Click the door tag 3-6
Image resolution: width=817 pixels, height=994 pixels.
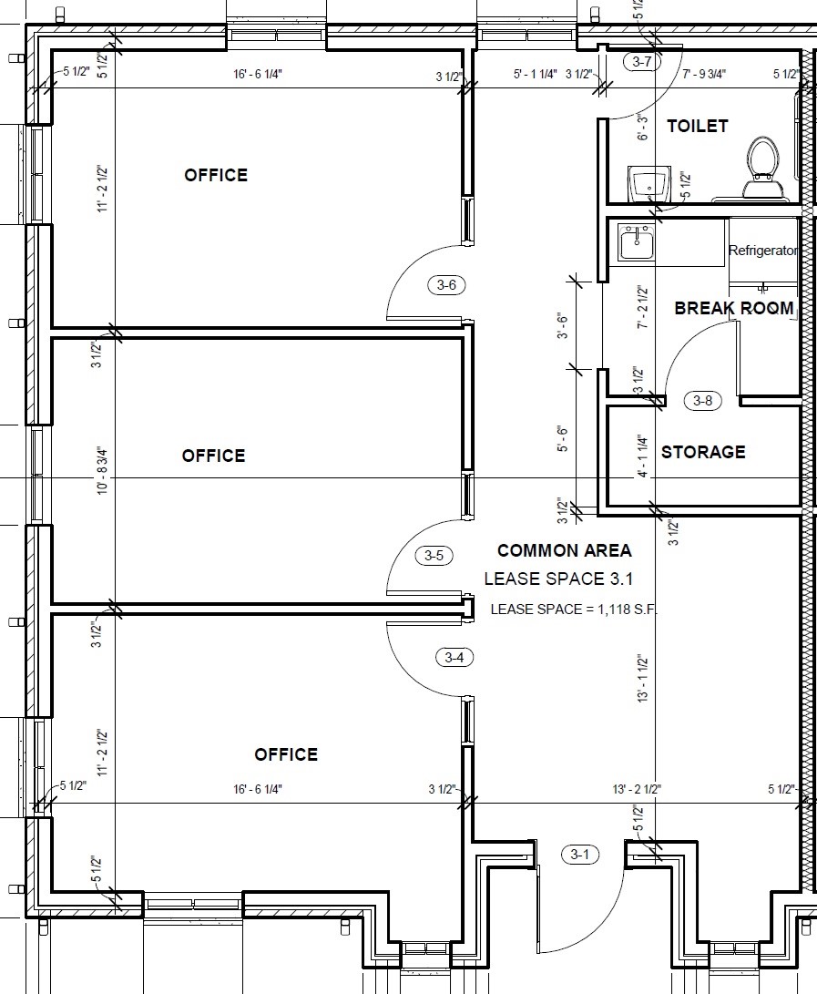446,285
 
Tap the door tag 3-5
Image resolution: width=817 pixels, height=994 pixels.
434,556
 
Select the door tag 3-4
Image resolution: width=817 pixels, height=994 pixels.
454,658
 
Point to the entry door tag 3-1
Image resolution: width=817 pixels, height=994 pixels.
580,855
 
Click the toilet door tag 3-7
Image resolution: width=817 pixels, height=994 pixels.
642,61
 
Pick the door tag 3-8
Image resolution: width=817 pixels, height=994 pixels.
703,401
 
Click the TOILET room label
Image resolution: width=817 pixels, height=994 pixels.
697,126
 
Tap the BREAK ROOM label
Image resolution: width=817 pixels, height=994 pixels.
734,308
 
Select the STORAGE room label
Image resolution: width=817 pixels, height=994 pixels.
703,452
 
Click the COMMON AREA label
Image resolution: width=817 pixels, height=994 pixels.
564,550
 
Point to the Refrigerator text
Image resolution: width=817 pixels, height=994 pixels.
763,251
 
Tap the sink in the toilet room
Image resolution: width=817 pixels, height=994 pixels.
648,184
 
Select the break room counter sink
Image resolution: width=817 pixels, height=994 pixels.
637,242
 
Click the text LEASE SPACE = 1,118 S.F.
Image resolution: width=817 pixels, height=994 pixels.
574,610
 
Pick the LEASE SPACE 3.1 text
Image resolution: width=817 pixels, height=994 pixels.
558,579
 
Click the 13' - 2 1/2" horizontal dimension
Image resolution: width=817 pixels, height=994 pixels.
637,789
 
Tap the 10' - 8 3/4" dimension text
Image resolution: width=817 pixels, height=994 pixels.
103,471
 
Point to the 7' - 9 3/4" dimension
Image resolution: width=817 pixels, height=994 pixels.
704,74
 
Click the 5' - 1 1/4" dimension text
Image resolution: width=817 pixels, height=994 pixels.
536,74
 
